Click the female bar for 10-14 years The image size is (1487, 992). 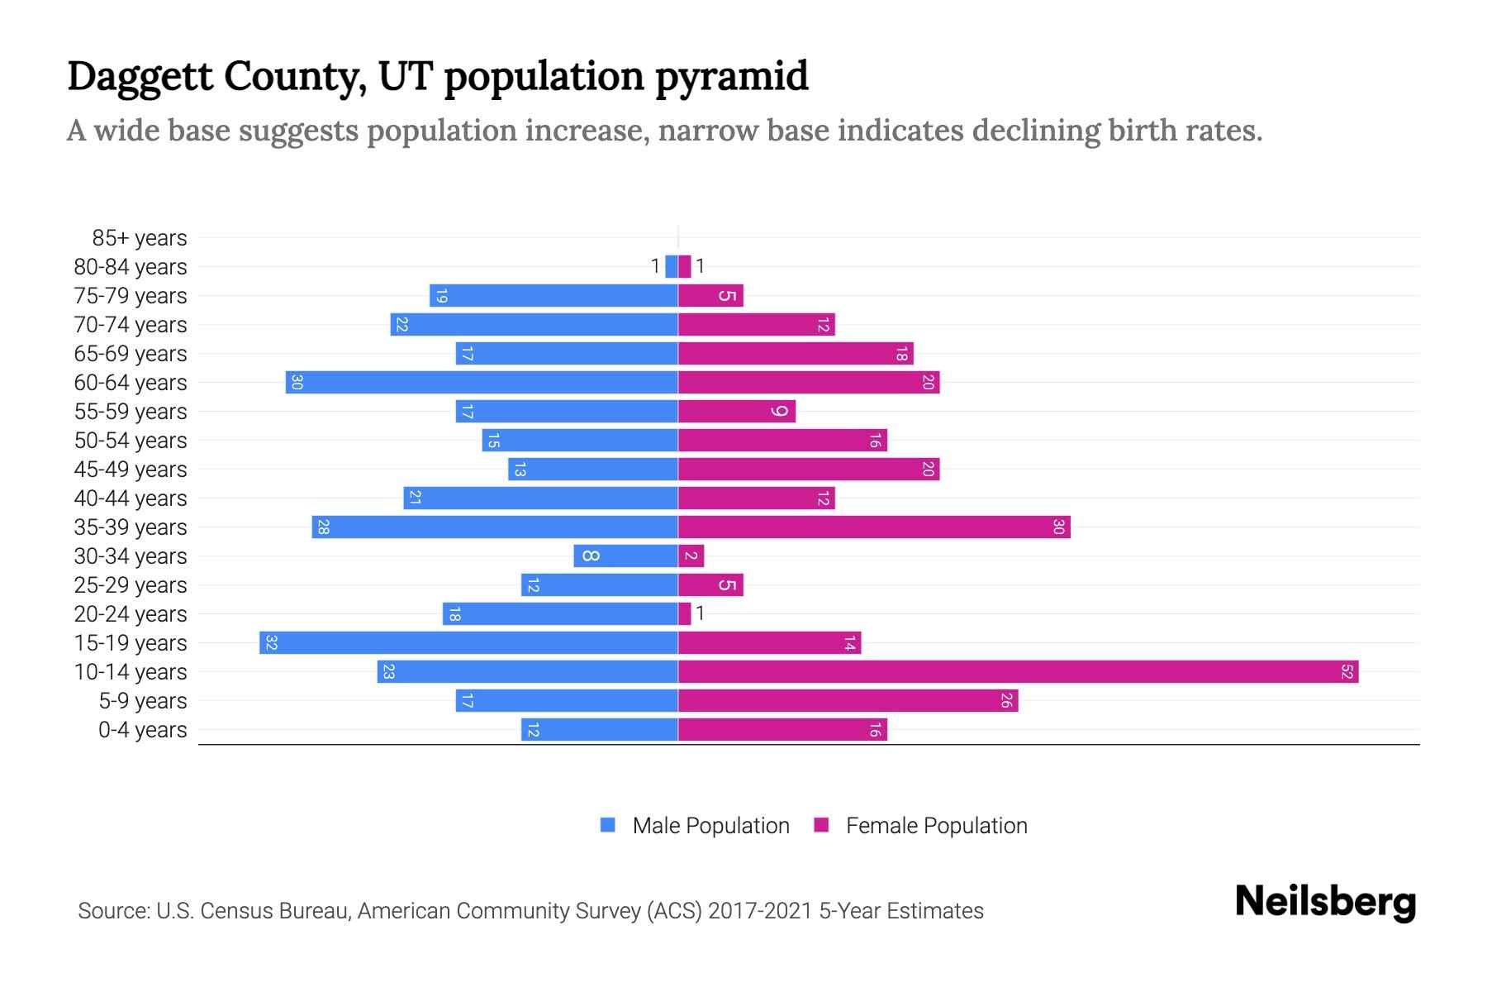click(1018, 672)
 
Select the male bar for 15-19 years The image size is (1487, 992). click(468, 643)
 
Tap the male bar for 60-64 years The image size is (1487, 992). click(482, 383)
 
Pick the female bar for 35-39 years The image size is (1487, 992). click(874, 527)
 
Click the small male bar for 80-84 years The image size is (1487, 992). click(672, 266)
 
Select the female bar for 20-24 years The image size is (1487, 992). click(685, 614)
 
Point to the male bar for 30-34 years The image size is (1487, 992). click(626, 556)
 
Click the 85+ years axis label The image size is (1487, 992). click(140, 238)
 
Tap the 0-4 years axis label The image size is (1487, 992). click(142, 730)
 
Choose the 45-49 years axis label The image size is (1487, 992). click(131, 470)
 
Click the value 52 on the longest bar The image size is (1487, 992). click(1347, 672)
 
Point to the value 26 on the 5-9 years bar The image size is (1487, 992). click(1006, 701)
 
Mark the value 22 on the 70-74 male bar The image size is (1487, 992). click(401, 325)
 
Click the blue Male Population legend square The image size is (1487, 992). click(608, 825)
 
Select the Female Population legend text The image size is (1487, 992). click(936, 826)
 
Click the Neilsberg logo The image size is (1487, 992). click(1325, 902)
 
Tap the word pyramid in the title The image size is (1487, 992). click(732, 76)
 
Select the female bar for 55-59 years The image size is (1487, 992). click(737, 412)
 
